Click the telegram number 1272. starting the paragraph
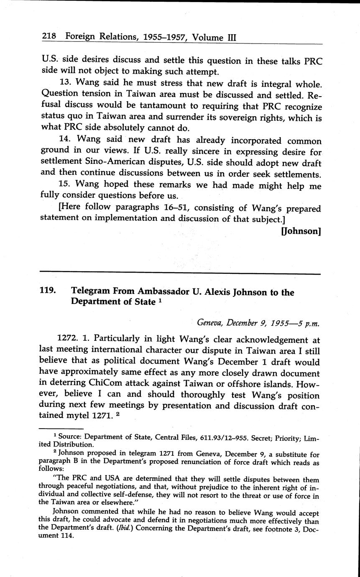67,340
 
